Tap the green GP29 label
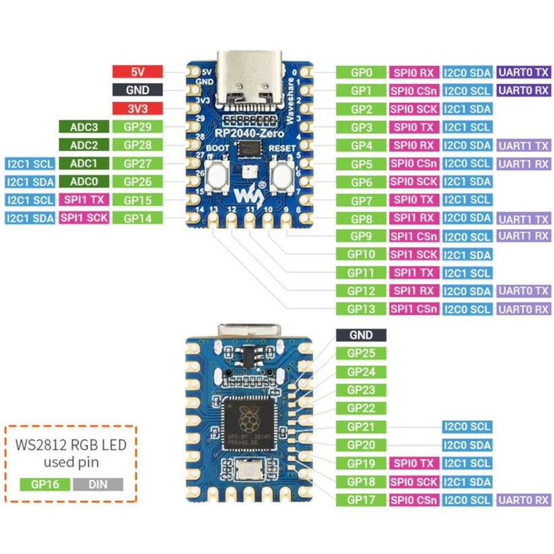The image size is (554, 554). (x=137, y=126)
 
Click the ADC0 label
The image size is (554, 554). (x=83, y=181)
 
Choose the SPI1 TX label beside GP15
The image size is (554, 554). (x=83, y=199)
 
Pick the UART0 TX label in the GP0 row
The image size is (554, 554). (x=524, y=72)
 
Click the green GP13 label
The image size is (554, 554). (x=360, y=309)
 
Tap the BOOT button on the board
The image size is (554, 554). (x=217, y=176)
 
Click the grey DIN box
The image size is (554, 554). (x=98, y=483)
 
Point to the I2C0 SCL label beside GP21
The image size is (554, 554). (x=466, y=427)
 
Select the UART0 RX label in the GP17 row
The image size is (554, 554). (x=524, y=499)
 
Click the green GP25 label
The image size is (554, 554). (x=360, y=353)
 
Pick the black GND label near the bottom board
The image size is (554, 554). (x=360, y=335)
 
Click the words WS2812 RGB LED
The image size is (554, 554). (x=71, y=444)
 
